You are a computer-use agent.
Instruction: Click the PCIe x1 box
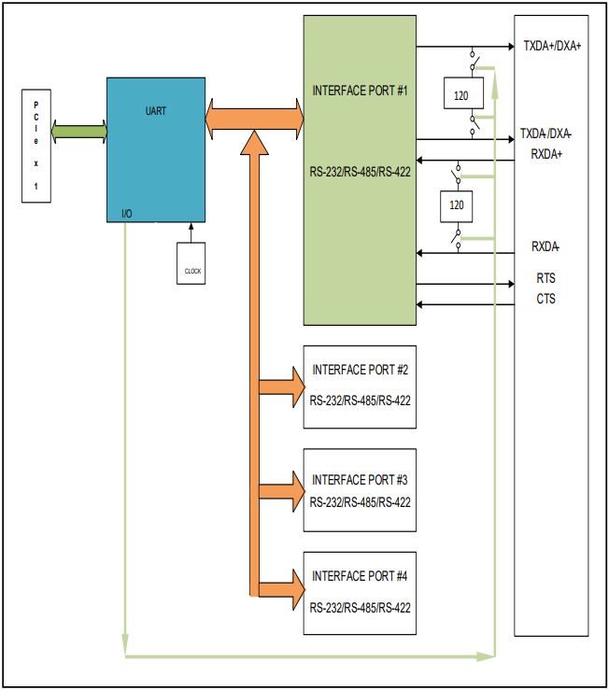point(36,145)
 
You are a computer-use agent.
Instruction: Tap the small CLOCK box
point(192,266)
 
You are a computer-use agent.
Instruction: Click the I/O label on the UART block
point(127,214)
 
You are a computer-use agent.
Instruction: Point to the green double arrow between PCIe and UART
point(78,132)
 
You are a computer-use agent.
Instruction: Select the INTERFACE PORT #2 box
point(361,386)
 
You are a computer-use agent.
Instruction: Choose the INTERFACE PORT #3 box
point(361,490)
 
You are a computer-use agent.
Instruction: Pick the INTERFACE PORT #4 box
point(361,595)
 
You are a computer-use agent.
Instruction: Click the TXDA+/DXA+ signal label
point(552,45)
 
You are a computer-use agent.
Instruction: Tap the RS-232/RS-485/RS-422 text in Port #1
point(361,172)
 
